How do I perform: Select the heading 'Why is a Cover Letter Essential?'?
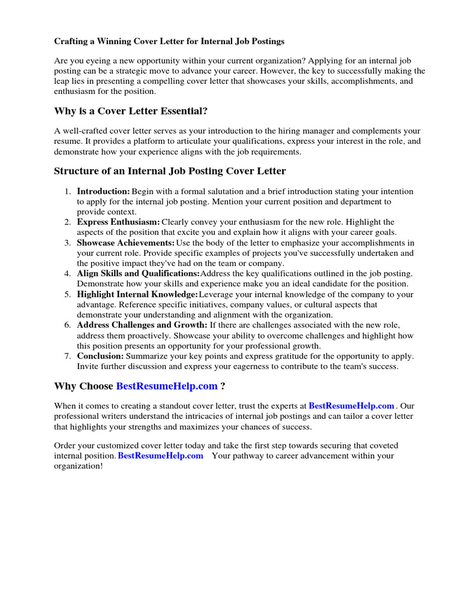[131, 111]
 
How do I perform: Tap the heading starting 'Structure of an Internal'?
[170, 171]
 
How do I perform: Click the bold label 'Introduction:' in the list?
[103, 192]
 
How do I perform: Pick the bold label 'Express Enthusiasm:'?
[118, 222]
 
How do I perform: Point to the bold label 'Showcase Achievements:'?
[125, 243]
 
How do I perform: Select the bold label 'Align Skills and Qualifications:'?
[138, 273]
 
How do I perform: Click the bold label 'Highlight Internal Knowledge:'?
[137, 294]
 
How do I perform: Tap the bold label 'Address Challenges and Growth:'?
[142, 325]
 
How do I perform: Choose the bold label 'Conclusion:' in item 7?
[100, 356]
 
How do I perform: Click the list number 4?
[67, 273]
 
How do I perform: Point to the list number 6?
[67, 325]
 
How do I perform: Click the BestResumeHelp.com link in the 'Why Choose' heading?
[167, 387]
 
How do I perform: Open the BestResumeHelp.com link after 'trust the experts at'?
[351, 406]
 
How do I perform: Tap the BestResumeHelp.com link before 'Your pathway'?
[160, 456]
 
